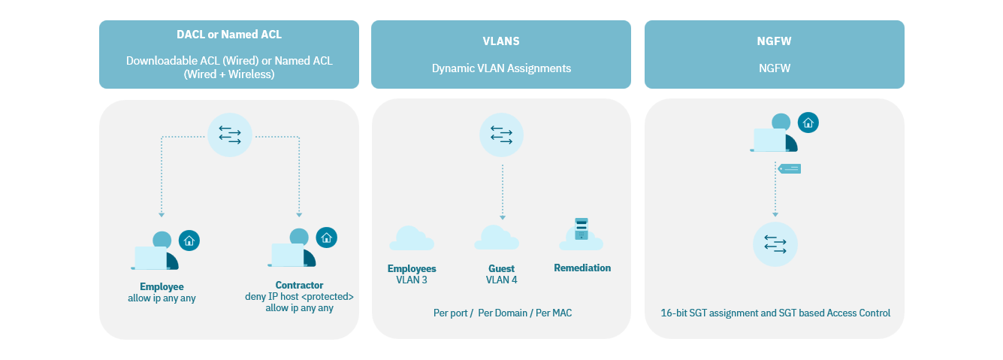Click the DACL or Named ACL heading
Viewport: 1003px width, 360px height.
click(x=229, y=35)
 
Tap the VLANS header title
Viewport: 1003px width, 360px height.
click(x=501, y=41)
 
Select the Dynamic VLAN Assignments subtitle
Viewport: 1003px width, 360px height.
click(x=501, y=68)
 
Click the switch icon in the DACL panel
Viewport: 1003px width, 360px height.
click(x=229, y=135)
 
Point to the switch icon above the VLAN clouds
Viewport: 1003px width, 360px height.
click(x=501, y=135)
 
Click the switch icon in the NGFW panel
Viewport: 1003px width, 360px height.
click(x=775, y=244)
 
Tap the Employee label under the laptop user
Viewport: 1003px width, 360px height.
click(x=162, y=286)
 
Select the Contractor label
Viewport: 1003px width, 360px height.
click(x=299, y=285)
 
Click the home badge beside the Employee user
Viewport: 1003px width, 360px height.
click(x=189, y=241)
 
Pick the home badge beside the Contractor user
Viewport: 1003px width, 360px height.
click(x=326, y=237)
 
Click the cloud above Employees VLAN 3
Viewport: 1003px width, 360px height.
click(x=411, y=238)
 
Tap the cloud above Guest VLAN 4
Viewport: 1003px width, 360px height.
click(x=497, y=237)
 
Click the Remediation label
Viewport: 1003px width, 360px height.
click(x=582, y=268)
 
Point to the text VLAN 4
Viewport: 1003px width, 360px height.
click(x=501, y=280)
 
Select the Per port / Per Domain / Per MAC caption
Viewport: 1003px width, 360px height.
click(x=502, y=313)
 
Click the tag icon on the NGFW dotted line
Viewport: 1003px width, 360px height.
click(x=790, y=168)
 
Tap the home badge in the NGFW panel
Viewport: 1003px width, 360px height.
click(x=808, y=123)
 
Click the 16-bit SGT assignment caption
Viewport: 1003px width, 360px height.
click(x=775, y=313)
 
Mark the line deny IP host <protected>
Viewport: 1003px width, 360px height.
click(x=299, y=297)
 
